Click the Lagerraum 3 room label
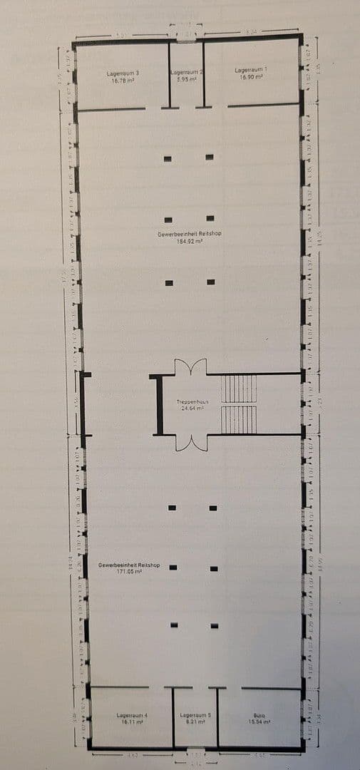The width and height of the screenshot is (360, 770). tap(123, 73)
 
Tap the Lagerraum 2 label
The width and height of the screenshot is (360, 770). tap(187, 72)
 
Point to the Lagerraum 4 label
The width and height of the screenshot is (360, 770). tap(132, 715)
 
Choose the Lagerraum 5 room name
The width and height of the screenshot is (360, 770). tap(195, 715)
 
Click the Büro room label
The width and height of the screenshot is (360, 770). tap(259, 715)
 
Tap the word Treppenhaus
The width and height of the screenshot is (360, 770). tap(192, 402)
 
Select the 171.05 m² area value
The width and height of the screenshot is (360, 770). tap(129, 571)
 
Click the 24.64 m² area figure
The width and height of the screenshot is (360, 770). tap(192, 409)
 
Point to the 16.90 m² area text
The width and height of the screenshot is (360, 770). tap(252, 77)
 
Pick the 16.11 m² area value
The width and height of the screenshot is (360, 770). tap(132, 722)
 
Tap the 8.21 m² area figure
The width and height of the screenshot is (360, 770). tap(195, 722)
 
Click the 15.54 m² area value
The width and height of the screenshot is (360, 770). tap(259, 722)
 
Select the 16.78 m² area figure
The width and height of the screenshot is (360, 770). tap(123, 81)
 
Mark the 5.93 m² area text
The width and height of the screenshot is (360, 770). tap(187, 79)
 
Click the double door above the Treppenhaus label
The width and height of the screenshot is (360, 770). tap(190, 368)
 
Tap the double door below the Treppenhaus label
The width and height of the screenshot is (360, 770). tap(190, 443)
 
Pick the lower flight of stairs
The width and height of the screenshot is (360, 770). tap(238, 420)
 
